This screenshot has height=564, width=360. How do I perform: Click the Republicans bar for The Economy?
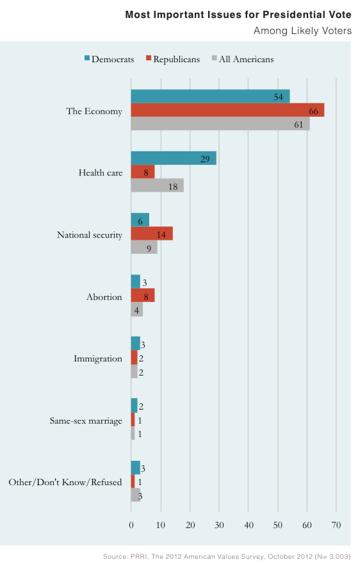pos(227,110)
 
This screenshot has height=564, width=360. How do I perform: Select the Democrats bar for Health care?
pos(174,158)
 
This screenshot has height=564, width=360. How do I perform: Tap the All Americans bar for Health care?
pos(158,186)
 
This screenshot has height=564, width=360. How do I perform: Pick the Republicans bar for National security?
pos(152,233)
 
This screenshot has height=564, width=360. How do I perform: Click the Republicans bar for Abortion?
pos(143,295)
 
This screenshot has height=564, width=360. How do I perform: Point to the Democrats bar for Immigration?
pos(136,344)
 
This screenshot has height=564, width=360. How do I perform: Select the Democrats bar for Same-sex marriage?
pos(134,405)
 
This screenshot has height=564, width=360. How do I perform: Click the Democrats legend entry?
pos(110,59)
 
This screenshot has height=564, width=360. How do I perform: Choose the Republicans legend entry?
pos(173,59)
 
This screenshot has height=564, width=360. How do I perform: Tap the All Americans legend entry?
pos(243,59)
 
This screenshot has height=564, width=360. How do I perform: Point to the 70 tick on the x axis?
pos(336,525)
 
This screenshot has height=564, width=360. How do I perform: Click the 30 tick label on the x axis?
pos(219,525)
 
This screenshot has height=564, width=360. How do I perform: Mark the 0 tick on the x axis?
pos(131,525)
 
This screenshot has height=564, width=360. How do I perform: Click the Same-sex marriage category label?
pos(86,421)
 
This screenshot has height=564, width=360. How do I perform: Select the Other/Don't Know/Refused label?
pos(65,482)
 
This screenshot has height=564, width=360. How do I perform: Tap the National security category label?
pos(90,235)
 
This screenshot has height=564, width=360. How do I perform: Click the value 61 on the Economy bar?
pos(299,124)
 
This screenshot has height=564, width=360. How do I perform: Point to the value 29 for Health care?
pos(205,159)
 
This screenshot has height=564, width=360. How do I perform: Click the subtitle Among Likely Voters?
pos(302,31)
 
